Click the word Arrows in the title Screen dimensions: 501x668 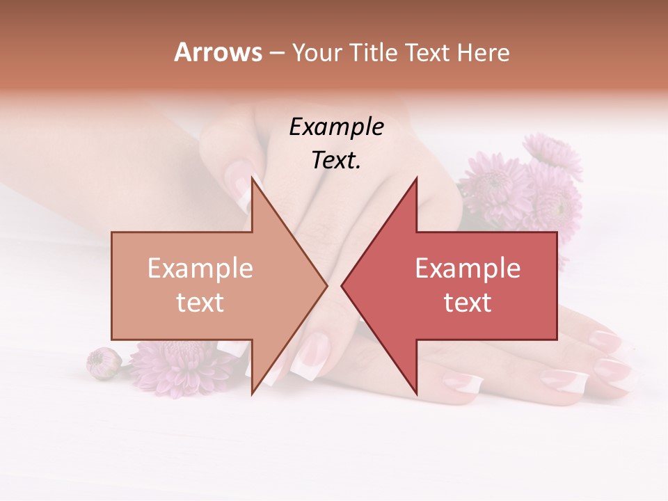tap(218, 52)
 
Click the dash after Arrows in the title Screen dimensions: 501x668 tap(278, 54)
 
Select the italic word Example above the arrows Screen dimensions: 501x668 tap(337, 127)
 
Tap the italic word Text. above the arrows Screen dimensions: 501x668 tap(337, 161)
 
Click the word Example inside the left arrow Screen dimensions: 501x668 tap(200, 269)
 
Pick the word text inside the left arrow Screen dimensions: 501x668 tap(200, 303)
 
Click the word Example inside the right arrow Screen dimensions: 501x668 tap(468, 269)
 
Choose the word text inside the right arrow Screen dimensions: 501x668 tap(468, 303)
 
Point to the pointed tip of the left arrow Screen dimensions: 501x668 tap(327, 285)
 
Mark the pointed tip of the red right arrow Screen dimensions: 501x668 tap(342, 285)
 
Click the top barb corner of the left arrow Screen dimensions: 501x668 tap(252, 177)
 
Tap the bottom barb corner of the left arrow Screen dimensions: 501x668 tap(252, 393)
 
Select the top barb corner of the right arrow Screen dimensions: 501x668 tap(416, 177)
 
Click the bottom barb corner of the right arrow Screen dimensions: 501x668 tap(416, 393)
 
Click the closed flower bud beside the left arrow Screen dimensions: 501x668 tap(104, 363)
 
